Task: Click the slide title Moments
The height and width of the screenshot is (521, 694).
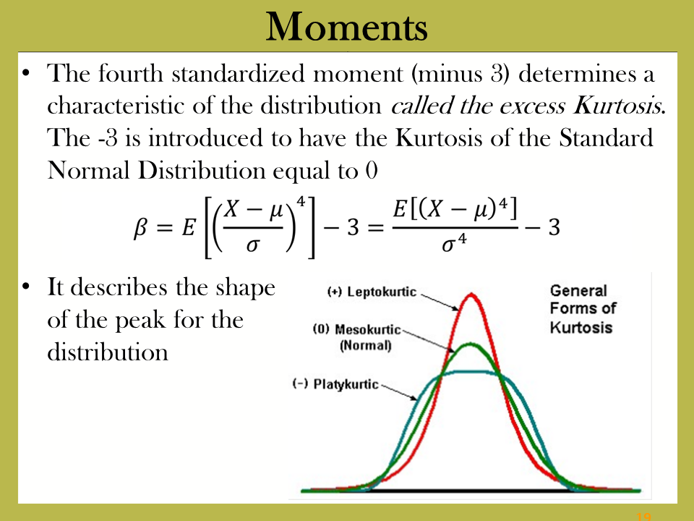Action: (346, 27)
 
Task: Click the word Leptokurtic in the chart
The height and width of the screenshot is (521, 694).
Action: (382, 292)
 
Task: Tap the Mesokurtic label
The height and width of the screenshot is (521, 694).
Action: (367, 330)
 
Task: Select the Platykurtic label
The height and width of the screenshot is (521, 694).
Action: (346, 384)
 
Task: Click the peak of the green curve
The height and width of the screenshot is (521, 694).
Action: (470, 344)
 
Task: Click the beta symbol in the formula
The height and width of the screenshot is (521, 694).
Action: (140, 228)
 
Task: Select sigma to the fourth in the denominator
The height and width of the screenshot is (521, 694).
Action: (454, 243)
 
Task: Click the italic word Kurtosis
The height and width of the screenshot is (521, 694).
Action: (620, 106)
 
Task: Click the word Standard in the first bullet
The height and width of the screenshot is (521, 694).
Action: (606, 137)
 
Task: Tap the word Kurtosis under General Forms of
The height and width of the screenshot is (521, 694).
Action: (581, 327)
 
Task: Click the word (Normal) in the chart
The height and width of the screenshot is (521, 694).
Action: (366, 345)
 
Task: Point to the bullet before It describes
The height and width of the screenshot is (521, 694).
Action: (26, 287)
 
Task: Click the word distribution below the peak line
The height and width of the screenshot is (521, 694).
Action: (108, 352)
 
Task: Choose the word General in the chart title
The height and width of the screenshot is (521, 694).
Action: (578, 291)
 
